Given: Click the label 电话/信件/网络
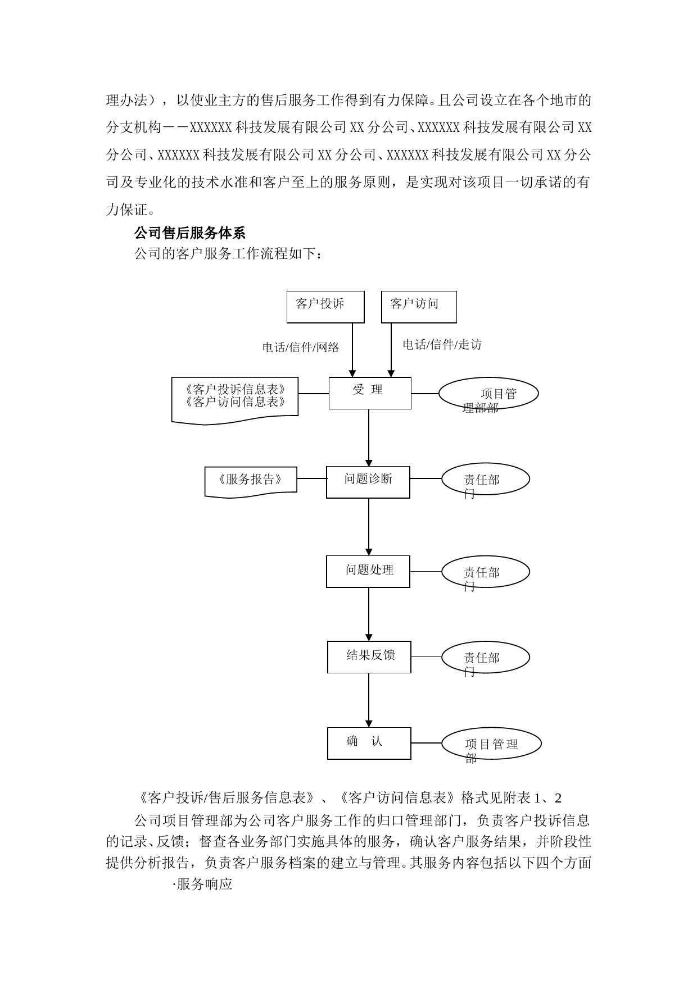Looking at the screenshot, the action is tap(301, 348).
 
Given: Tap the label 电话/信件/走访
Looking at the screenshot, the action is tap(442, 345).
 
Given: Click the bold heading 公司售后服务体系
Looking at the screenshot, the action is tap(189, 232).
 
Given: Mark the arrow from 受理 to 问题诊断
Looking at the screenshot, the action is tap(369, 438).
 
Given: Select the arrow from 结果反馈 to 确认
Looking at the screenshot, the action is tap(369, 700).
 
